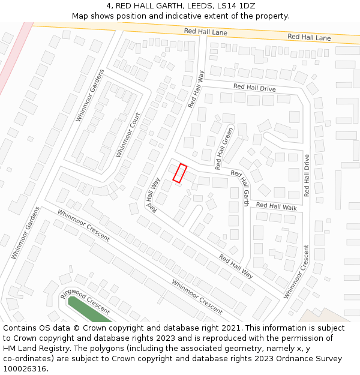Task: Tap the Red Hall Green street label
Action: coord(223,147)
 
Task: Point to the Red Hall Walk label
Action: coord(276,206)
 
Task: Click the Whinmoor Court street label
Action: coord(128,135)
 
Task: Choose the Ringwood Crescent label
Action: coord(85,302)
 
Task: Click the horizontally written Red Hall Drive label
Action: coord(254,88)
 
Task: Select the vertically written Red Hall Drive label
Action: coord(307,176)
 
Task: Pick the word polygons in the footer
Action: coord(100,349)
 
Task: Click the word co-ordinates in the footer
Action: coord(28,359)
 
